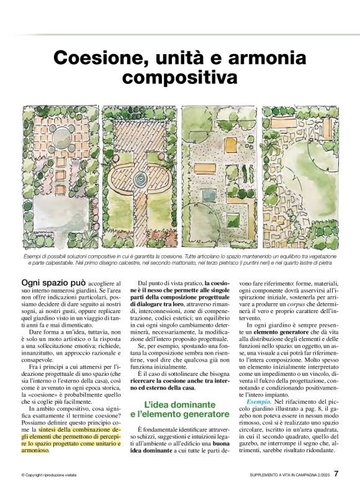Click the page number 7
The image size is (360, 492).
click(336, 473)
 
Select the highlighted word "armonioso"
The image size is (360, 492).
click(37, 451)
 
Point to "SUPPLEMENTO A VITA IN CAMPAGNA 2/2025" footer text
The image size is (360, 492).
click(284, 475)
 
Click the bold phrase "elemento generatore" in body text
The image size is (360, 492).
click(279, 335)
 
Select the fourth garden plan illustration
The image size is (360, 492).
click(301, 176)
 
